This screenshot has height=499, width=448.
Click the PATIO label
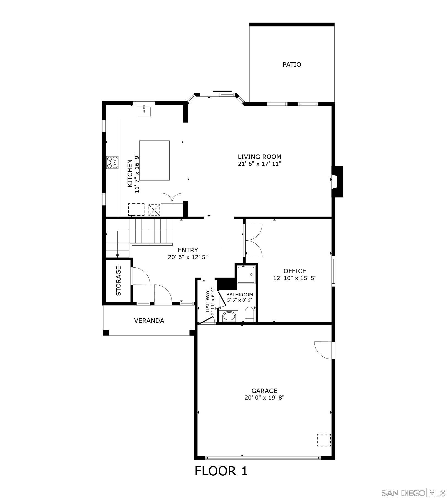(x=292, y=64)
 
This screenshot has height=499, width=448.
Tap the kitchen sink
(x=144, y=112)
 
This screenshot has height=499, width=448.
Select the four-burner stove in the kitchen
(x=112, y=162)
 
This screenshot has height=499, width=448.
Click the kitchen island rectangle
(x=154, y=160)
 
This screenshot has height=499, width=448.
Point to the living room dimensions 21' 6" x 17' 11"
(x=259, y=164)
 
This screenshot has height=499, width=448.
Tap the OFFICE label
(x=295, y=271)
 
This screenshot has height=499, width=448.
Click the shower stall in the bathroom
(x=246, y=274)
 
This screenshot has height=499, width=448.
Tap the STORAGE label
(x=118, y=281)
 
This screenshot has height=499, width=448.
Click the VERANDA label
(x=149, y=321)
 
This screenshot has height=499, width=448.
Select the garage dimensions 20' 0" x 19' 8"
(x=264, y=398)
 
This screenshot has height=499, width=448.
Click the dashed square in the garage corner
(x=324, y=440)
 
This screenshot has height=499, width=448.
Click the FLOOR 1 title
(x=221, y=471)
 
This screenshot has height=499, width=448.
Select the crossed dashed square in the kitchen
(x=154, y=210)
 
